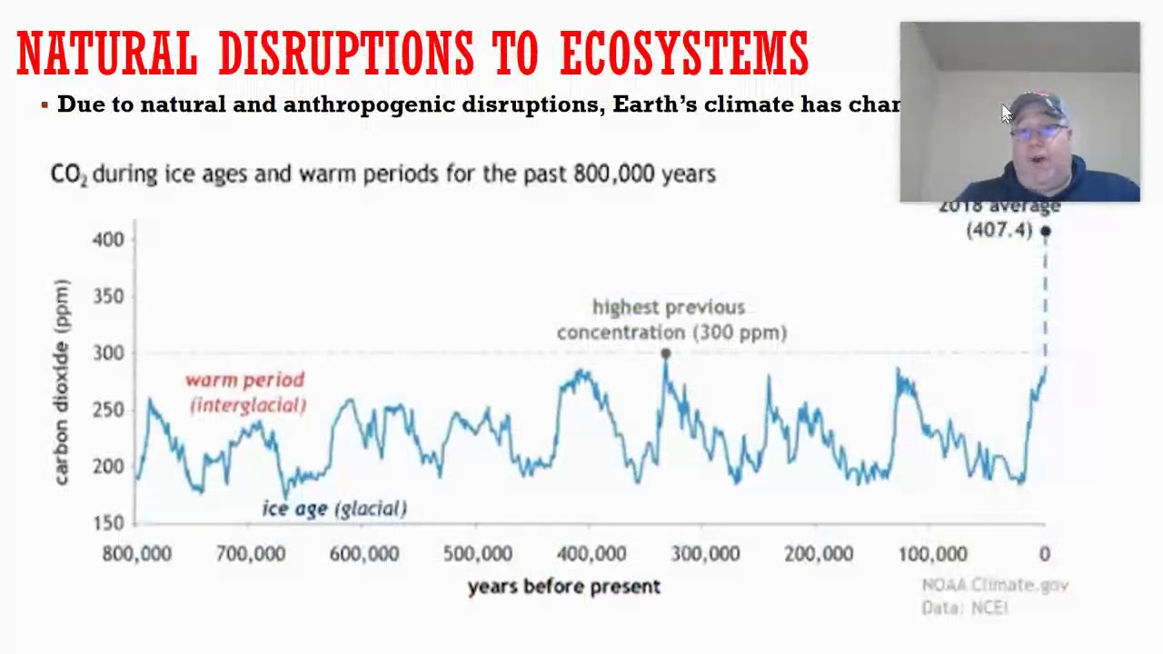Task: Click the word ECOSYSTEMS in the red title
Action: [683, 53]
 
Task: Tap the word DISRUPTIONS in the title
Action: [345, 53]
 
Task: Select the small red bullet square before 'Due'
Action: [45, 105]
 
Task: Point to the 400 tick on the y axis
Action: [108, 240]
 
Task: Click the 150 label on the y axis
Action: [108, 523]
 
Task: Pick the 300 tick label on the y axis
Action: [108, 353]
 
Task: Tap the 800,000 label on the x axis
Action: [136, 554]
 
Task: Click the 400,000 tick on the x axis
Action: [591, 554]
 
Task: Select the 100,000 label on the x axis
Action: [932, 554]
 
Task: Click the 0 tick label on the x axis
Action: [1045, 554]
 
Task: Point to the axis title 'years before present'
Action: [563, 587]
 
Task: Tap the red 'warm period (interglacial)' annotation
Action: [246, 392]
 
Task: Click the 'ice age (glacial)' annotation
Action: [334, 509]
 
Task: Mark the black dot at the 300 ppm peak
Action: [666, 354]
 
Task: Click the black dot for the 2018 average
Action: [1046, 232]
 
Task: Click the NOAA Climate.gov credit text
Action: [995, 586]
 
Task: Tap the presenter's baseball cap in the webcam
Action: [1038, 106]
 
